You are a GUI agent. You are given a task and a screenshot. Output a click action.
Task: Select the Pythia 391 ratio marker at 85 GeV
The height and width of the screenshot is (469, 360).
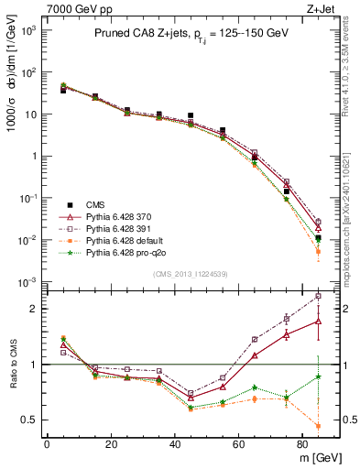point(318,296)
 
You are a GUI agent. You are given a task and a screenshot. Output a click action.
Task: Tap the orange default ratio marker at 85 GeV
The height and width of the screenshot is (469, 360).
point(318,426)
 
